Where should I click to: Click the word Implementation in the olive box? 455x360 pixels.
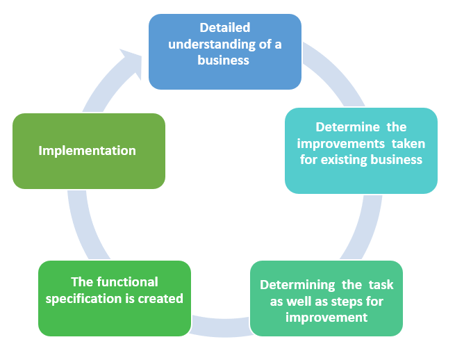tap(87, 151)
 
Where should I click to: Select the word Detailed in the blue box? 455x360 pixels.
tap(224, 28)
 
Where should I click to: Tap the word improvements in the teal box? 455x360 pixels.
tap(335, 144)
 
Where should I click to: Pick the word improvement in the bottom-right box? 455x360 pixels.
tap(326, 318)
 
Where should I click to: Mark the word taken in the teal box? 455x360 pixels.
tap(407, 144)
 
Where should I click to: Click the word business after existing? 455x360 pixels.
tap(397, 160)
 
